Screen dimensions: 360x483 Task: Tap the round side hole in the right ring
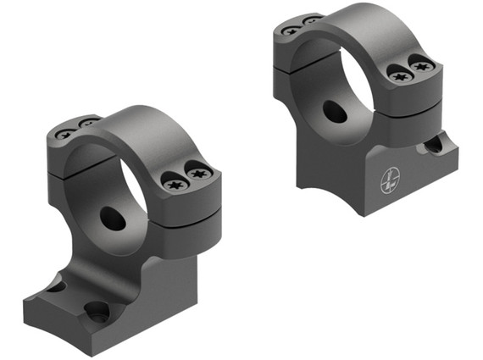pyautogui.click(x=334, y=112)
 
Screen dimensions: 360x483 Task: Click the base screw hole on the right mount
pyautogui.click(x=432, y=145)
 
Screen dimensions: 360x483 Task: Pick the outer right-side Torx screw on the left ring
pyautogui.click(x=200, y=174)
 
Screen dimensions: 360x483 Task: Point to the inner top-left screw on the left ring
pyautogui.click(x=87, y=125)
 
